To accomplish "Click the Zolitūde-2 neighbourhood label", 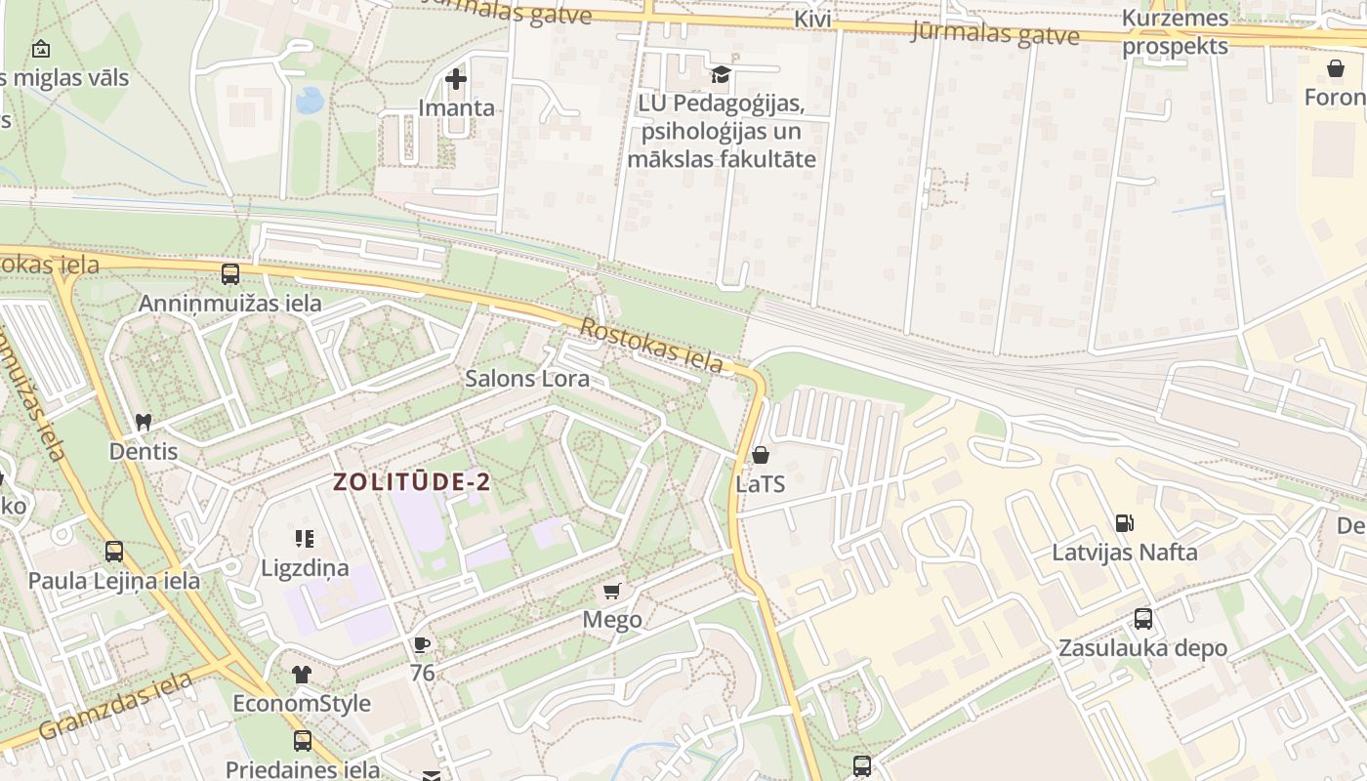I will (411, 482).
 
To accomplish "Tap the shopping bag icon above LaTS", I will (761, 455).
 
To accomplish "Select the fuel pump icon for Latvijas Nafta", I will (1125, 523).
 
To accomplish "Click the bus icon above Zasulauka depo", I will (1142, 619).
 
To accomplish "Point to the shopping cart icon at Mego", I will (612, 591).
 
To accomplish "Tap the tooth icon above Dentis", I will (144, 423).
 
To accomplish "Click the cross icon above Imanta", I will (456, 79).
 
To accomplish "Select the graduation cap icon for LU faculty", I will (721, 74).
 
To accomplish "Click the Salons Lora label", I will (527, 378).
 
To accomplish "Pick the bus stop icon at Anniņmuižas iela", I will (230, 274).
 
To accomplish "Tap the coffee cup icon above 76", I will (422, 644).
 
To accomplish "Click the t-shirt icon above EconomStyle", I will (302, 675).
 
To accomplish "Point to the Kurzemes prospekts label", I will (1175, 32).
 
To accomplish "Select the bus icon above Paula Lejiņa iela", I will (114, 552).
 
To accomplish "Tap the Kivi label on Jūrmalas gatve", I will (812, 19).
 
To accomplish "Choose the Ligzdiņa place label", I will (305, 567).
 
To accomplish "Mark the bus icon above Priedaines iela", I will (303, 741).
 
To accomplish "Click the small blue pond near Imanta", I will (310, 100).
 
